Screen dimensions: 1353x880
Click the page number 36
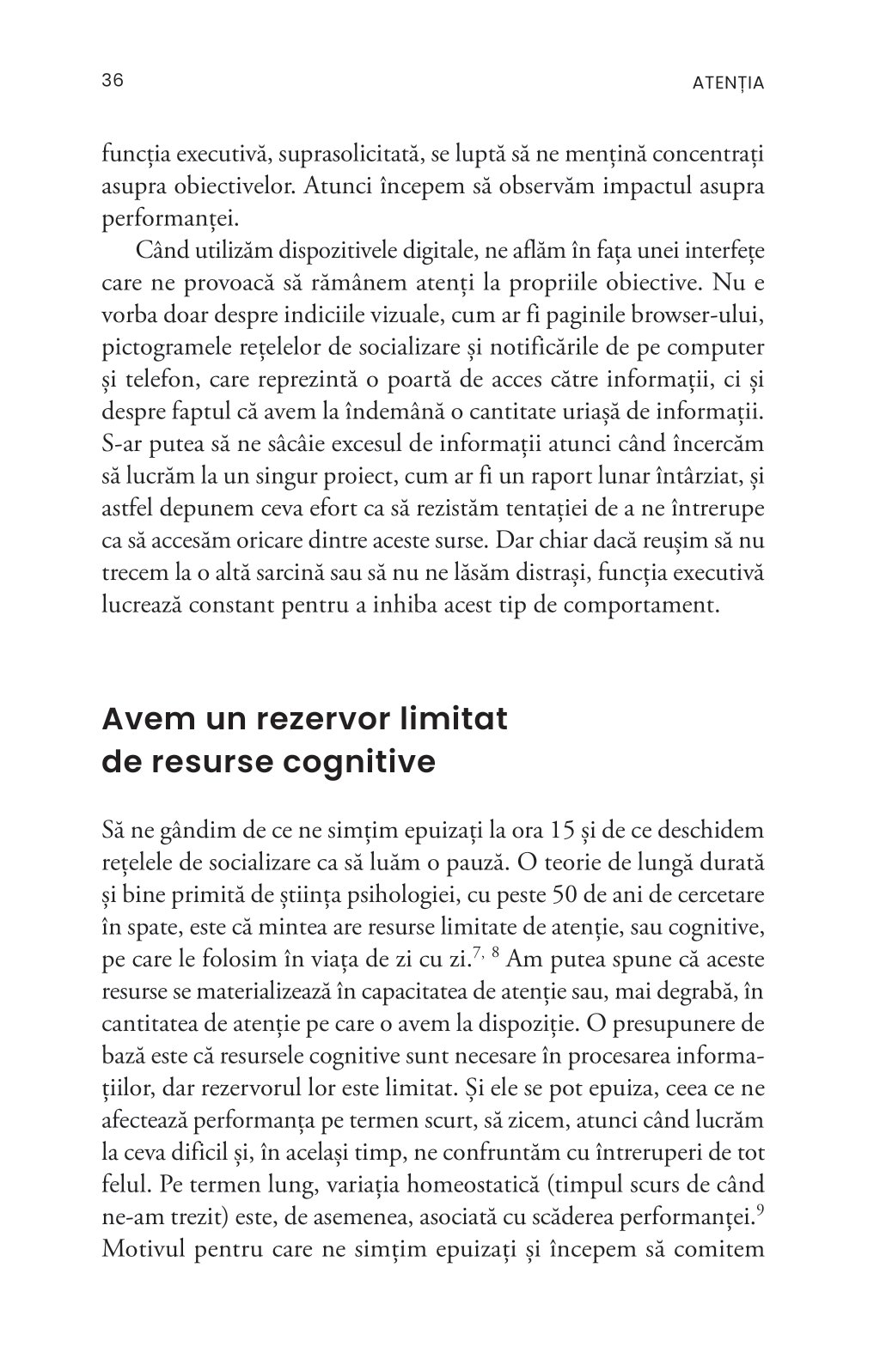(113, 81)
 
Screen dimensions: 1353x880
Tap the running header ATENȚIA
(728, 83)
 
